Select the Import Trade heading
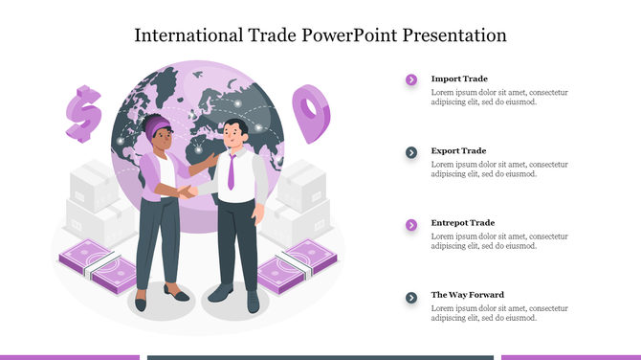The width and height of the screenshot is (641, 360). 459,79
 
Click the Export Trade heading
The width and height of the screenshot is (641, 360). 458,150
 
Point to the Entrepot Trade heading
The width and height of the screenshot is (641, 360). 462,222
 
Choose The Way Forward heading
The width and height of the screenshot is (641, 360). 467,294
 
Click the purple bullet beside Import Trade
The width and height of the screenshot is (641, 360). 411,79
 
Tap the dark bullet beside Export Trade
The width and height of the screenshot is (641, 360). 411,152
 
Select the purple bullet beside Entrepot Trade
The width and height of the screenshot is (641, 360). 411,224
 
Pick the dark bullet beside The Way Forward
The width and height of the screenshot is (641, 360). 411,297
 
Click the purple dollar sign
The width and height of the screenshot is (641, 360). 84,113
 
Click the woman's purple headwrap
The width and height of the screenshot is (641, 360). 158,125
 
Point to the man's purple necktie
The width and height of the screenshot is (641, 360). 232,169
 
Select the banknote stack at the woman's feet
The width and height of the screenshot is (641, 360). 98,266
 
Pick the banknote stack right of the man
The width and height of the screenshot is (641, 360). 308,263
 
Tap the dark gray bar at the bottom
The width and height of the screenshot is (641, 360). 320,357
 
